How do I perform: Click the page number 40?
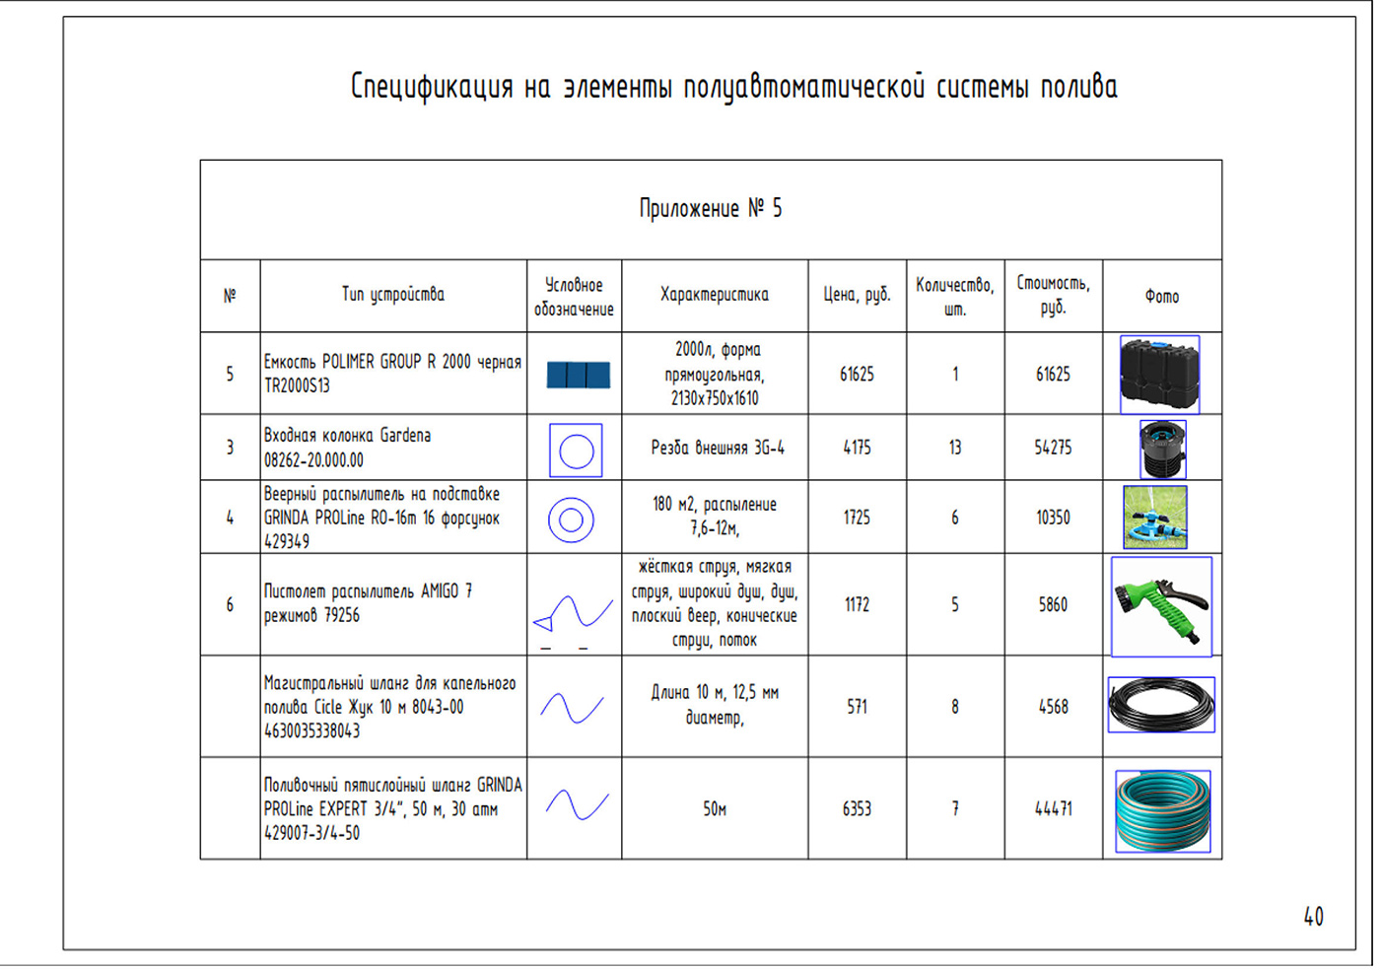click(x=1313, y=917)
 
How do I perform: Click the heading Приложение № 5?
click(x=711, y=208)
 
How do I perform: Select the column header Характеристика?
click(x=715, y=295)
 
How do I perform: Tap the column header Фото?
click(x=1162, y=297)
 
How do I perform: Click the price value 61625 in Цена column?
click(x=857, y=374)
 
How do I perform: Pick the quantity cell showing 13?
click(x=955, y=448)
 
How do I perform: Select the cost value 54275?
click(x=1053, y=448)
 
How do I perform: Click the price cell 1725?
click(x=857, y=518)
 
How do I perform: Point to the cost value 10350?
click(x=1053, y=518)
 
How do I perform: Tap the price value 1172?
click(x=857, y=604)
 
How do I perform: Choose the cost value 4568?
click(x=1053, y=706)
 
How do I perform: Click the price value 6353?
click(x=857, y=808)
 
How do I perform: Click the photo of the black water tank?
click(x=1159, y=375)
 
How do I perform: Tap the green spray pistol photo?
click(x=1161, y=607)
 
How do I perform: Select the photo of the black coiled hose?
click(x=1161, y=705)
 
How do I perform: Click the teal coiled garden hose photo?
click(x=1162, y=811)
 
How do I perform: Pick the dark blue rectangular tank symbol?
click(x=578, y=375)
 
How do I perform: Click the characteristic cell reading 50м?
click(x=715, y=808)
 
